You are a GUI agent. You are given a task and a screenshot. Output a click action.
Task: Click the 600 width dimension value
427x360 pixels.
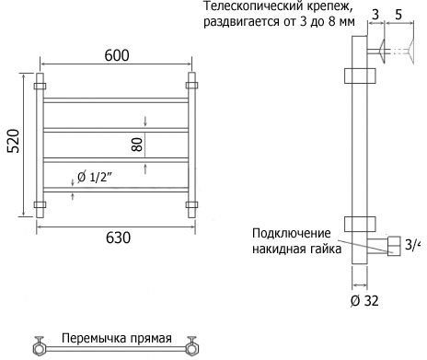click(x=117, y=55)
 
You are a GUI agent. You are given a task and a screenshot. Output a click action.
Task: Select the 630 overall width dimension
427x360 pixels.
click(x=118, y=238)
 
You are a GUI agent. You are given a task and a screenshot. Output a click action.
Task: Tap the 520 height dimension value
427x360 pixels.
click(x=14, y=141)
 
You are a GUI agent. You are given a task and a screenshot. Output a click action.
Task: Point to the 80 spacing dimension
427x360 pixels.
click(x=137, y=145)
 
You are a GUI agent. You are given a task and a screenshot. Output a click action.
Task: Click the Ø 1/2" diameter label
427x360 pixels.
click(x=95, y=177)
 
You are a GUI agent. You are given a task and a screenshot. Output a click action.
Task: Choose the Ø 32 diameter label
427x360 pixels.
click(x=364, y=301)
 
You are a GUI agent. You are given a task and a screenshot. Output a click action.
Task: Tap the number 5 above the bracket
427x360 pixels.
click(x=398, y=15)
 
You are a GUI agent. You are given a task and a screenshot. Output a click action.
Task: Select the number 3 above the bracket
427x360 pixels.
click(x=375, y=15)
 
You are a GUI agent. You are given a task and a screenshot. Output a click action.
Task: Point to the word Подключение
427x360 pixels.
click(x=292, y=233)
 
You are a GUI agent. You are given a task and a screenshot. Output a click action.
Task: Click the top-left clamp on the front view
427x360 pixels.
click(x=40, y=86)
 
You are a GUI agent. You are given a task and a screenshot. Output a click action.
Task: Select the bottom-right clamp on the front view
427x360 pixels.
click(x=191, y=204)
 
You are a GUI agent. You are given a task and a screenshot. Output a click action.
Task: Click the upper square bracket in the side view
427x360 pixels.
click(x=360, y=75)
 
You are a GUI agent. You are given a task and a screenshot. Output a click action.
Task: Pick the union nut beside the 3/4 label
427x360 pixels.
click(x=394, y=246)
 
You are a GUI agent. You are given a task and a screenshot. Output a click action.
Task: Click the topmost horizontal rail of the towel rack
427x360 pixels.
click(x=116, y=100)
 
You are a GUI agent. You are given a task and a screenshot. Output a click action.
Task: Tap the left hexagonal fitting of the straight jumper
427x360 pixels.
click(x=40, y=349)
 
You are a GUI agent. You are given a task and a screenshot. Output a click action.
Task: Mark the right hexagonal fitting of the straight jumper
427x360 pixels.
click(x=192, y=349)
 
